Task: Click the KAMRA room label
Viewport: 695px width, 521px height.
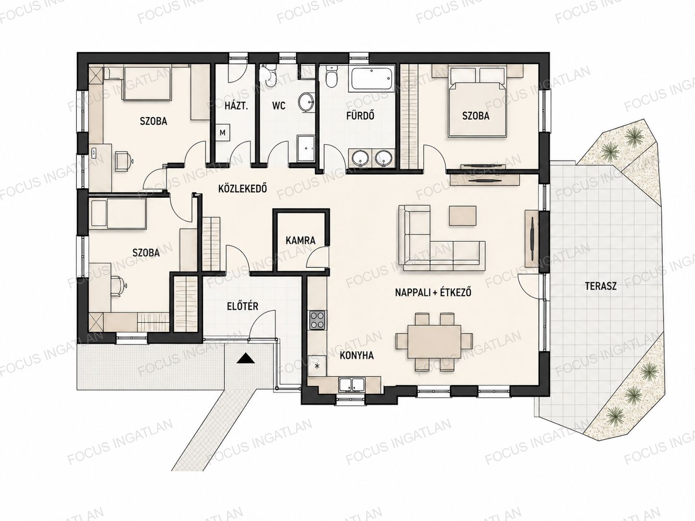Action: click(x=300, y=240)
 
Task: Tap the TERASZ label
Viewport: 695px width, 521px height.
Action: click(x=600, y=286)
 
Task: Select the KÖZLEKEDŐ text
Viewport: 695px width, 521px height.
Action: click(x=242, y=189)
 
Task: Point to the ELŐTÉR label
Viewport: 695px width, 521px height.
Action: click(x=242, y=306)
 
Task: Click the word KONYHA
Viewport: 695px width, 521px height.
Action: click(x=357, y=355)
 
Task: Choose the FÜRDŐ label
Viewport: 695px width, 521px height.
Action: click(x=360, y=115)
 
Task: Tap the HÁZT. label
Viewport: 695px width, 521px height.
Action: click(x=236, y=106)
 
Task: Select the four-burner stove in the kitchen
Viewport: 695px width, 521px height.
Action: click(x=317, y=320)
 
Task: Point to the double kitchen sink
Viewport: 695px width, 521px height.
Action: click(x=352, y=385)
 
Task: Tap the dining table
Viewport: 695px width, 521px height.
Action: click(x=434, y=342)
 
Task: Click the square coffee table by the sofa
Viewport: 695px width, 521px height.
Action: click(x=463, y=215)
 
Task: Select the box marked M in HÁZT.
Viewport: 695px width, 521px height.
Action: click(x=223, y=132)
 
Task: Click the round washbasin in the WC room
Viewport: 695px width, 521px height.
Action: click(x=306, y=103)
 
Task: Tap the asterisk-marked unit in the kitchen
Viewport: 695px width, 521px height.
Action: click(x=317, y=366)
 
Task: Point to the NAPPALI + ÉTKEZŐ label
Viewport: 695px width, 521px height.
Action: click(x=433, y=292)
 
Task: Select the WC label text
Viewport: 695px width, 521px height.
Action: click(x=279, y=106)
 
